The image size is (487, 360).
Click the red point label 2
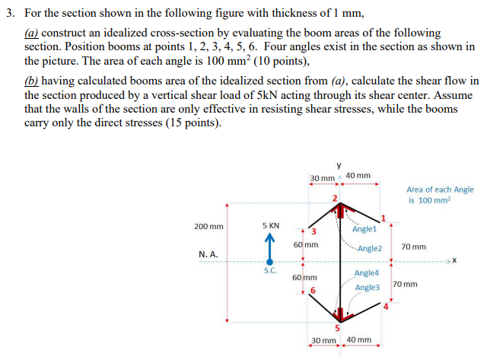333,198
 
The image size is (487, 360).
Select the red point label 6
312,291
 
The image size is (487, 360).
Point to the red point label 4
386,307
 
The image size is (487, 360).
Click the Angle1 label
364,229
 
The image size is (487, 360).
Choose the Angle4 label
367,272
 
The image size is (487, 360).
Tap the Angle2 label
369,248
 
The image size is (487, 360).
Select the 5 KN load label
270,226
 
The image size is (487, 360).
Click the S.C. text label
270,271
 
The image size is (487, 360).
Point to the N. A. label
208,255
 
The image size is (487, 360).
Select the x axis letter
455,263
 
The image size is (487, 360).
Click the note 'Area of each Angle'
440,189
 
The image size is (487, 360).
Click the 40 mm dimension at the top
358,176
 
